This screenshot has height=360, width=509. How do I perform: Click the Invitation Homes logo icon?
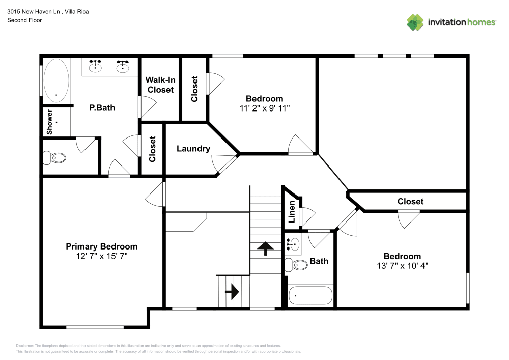click(x=415, y=22)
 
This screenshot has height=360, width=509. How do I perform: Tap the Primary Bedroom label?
click(x=102, y=246)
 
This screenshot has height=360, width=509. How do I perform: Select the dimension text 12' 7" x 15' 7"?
click(x=102, y=256)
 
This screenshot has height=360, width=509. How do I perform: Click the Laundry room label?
click(x=193, y=149)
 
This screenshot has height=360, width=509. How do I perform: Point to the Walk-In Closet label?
click(x=160, y=85)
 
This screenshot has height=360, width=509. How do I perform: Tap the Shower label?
click(x=50, y=122)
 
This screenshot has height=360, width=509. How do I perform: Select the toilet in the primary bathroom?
click(x=54, y=158)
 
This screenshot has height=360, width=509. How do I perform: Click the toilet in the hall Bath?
click(x=296, y=264)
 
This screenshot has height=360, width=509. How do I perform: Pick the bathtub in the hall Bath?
click(x=310, y=296)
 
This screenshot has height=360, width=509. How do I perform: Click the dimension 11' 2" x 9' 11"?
click(x=264, y=108)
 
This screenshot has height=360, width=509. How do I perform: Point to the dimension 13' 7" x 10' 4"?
click(x=402, y=266)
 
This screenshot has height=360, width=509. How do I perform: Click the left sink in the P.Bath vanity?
click(x=95, y=66)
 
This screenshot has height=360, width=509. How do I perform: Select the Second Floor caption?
click(x=24, y=20)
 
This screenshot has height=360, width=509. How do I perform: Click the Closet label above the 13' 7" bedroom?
click(x=410, y=201)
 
